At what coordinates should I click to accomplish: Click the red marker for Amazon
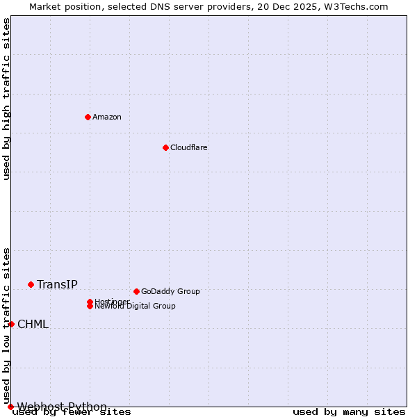tap(88, 117)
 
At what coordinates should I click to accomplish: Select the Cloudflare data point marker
tap(165, 147)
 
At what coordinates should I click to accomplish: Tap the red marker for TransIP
tap(31, 284)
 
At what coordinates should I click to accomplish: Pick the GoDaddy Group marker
tap(136, 291)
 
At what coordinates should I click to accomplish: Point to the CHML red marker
tap(11, 324)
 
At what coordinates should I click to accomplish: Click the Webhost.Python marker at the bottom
tap(10, 407)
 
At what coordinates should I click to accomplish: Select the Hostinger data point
tap(90, 302)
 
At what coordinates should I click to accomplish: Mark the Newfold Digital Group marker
tap(90, 306)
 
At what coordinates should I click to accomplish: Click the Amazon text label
tap(107, 117)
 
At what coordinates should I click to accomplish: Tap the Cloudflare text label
tap(189, 147)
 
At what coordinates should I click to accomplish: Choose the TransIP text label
tap(57, 284)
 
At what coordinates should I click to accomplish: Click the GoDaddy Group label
tap(170, 291)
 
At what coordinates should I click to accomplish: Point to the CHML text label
tap(33, 324)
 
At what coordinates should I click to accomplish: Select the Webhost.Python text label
tap(62, 407)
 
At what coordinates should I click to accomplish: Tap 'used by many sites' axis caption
tap(349, 412)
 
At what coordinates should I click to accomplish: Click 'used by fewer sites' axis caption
tap(72, 412)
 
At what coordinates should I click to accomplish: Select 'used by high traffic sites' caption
tap(6, 99)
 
